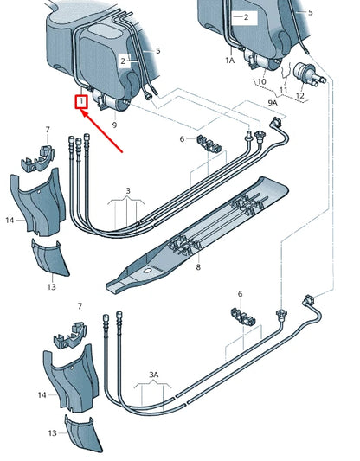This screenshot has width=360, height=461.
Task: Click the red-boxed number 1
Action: [x=81, y=101]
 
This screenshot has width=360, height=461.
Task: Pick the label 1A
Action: [x=230, y=61]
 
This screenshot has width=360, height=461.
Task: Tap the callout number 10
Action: [x=261, y=80]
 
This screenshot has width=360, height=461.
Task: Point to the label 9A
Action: [x=273, y=102]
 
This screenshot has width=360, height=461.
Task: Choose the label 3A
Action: [x=154, y=375]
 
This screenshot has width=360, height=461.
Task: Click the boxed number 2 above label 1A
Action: [x=245, y=16]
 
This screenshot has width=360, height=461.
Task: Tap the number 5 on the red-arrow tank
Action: [x=157, y=51]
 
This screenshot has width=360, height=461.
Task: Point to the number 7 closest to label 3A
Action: [x=79, y=306]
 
